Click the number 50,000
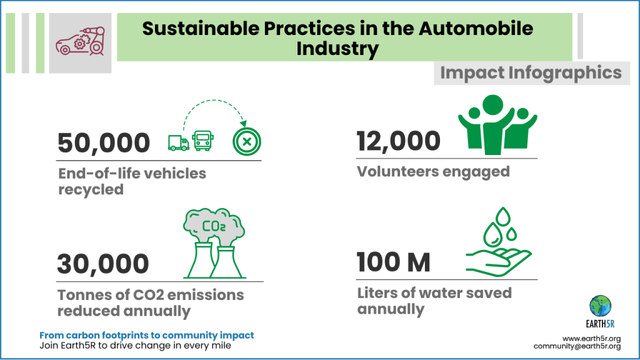(x=104, y=143)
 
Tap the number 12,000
(x=398, y=141)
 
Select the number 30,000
(x=103, y=264)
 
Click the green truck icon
(x=178, y=142)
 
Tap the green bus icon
(x=201, y=141)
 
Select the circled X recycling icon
(x=246, y=142)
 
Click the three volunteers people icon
(x=496, y=124)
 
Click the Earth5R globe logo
(x=601, y=306)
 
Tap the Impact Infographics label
(x=531, y=72)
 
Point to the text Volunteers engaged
(x=433, y=171)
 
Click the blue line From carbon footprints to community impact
(x=146, y=336)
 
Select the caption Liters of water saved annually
(x=434, y=301)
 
